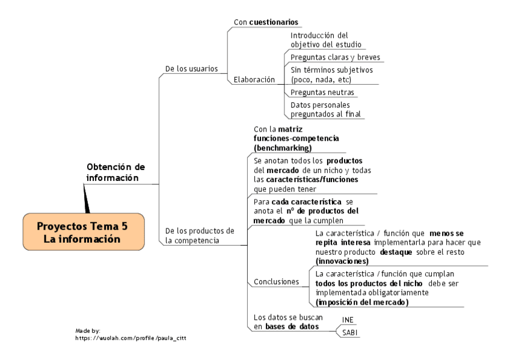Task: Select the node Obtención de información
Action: click(x=115, y=172)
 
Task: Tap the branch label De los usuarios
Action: click(x=191, y=69)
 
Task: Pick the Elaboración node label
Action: click(x=254, y=79)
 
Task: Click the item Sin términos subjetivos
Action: click(x=331, y=75)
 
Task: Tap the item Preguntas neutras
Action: click(x=322, y=93)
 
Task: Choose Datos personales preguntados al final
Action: click(x=324, y=109)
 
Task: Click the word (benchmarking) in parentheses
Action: click(x=283, y=147)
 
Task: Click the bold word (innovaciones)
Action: click(x=342, y=261)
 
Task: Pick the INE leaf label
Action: click(x=348, y=319)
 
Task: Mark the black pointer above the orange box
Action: click(x=86, y=198)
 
